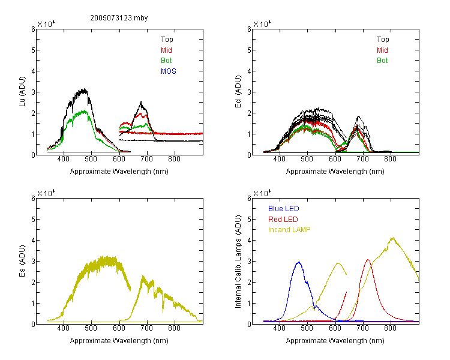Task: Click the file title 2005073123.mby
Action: [119, 18]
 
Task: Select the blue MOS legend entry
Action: [169, 71]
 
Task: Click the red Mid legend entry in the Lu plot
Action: [166, 50]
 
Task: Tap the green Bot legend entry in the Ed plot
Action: [382, 61]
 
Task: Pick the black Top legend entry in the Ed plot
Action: [383, 40]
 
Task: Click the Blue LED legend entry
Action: [284, 209]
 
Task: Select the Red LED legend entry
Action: [283, 220]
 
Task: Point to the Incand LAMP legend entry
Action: [289, 230]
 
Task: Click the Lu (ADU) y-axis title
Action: [22, 92]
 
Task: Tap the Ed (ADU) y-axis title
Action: [238, 92]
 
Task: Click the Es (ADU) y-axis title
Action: [22, 261]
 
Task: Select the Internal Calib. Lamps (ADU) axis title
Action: [238, 262]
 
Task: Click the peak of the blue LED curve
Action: [299, 262]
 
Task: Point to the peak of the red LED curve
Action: [368, 260]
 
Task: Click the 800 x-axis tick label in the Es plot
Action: [174, 328]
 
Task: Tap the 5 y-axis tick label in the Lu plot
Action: [33, 50]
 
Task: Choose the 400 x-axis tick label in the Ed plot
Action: [279, 159]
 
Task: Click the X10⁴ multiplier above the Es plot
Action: [46, 193]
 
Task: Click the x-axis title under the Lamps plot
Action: [335, 341]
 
